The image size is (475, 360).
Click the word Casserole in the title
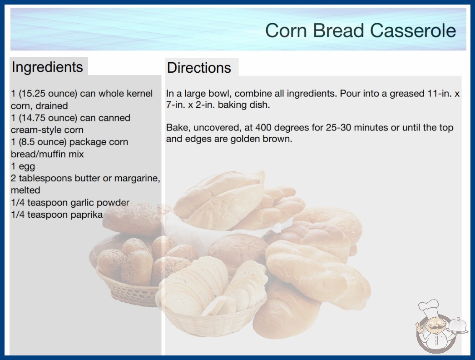(413, 30)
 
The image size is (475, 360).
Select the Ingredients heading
(47, 67)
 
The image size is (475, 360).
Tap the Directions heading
(199, 68)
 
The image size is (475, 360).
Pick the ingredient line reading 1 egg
(23, 166)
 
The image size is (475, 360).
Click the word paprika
(87, 215)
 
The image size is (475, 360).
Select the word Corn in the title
(286, 30)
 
